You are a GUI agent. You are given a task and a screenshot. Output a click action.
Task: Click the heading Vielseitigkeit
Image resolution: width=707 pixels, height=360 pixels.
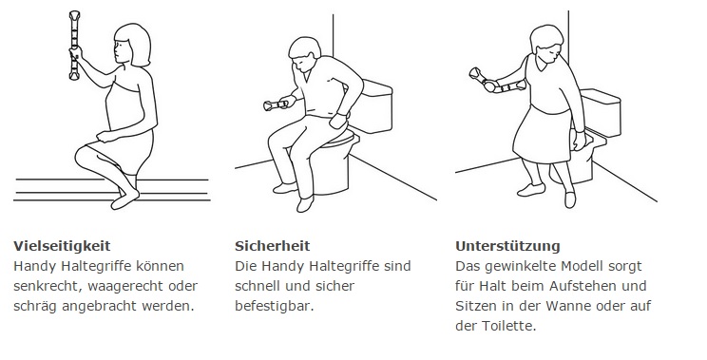62,246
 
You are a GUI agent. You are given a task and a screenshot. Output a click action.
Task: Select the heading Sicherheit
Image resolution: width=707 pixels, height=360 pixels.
273,246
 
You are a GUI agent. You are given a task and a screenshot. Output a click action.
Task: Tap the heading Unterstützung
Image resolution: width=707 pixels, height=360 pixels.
507,246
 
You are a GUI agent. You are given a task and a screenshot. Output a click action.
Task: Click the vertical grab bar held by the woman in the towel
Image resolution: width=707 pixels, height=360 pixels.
74,45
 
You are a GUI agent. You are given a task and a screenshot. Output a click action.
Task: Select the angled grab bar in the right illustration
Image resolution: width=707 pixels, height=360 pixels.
496,82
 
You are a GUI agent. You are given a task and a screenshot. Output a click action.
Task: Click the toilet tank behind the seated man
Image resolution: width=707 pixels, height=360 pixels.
376,105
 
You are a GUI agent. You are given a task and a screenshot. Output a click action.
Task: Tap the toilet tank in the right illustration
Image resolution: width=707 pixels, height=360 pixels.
601,113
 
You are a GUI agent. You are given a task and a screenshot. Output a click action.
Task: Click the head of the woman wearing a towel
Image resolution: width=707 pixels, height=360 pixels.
132,45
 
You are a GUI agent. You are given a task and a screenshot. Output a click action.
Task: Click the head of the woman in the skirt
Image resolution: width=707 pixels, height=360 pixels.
546,44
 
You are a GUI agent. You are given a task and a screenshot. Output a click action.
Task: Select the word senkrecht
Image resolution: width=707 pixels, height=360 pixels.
47,286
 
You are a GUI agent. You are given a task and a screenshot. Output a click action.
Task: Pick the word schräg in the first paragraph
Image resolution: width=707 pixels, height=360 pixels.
35,307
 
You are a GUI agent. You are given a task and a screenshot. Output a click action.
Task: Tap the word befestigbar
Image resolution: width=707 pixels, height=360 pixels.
274,307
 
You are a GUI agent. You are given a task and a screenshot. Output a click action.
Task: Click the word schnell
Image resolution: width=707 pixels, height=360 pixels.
257,286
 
